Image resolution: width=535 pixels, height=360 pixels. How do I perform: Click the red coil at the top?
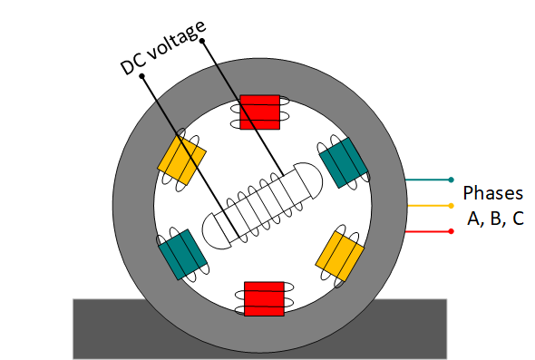[x=260, y=112]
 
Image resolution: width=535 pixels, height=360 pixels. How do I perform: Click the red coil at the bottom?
[x=264, y=298]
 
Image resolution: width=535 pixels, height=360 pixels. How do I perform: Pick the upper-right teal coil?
[x=344, y=161]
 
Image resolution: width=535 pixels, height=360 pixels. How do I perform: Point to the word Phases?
[x=492, y=193]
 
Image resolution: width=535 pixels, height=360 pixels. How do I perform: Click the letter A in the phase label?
[x=472, y=219]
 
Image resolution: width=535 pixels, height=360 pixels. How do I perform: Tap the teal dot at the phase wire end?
[x=451, y=180]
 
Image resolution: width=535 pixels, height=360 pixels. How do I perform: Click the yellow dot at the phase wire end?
[x=451, y=206]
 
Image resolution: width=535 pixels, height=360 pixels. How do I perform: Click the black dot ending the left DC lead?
[x=142, y=77]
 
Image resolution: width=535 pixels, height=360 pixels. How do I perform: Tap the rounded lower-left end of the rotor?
[x=216, y=229]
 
